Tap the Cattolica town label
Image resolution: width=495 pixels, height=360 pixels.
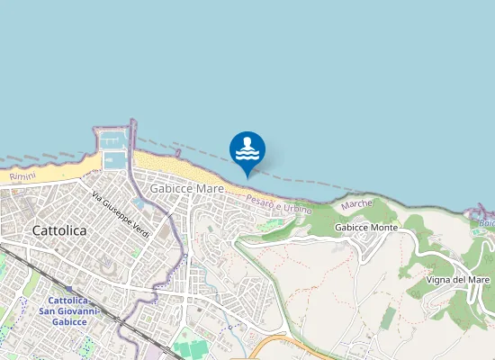(x=58, y=230)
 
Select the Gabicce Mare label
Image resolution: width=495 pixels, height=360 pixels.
(x=186, y=189)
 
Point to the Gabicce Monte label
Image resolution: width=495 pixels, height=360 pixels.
(x=365, y=229)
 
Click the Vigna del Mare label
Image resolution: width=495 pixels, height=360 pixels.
(x=459, y=280)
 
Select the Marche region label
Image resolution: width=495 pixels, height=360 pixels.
(x=356, y=204)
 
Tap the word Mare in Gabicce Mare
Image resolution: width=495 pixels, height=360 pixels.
(x=210, y=189)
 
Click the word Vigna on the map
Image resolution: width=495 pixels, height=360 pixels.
(x=440, y=280)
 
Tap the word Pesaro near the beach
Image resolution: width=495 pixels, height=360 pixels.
(x=258, y=196)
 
